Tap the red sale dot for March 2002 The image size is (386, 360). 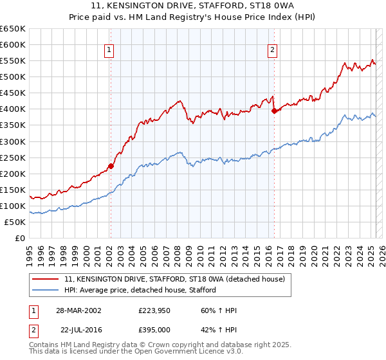[111, 166]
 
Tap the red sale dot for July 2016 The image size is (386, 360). [274, 111]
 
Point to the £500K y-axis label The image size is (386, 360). [13, 76]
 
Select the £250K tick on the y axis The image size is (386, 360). [13, 157]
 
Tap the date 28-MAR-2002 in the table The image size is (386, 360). [78, 311]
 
